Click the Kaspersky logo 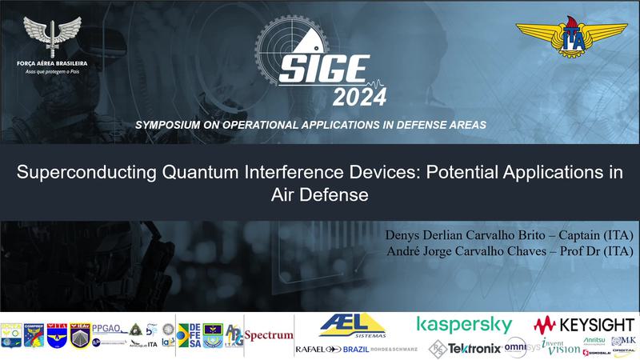(x=464, y=324)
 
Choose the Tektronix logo (x=465, y=348)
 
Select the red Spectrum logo (x=269, y=336)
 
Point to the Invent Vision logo (x=561, y=345)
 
